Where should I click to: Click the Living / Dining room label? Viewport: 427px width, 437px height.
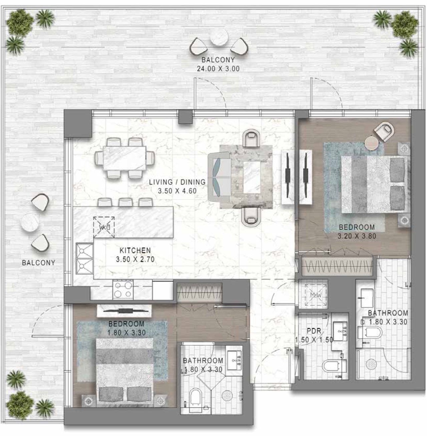click(177, 182)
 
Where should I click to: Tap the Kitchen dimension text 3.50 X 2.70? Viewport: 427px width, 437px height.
click(135, 259)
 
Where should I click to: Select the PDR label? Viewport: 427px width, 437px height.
click(314, 331)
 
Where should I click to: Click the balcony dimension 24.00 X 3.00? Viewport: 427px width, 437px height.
click(218, 69)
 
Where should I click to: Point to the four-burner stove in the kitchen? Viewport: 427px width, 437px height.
click(123, 290)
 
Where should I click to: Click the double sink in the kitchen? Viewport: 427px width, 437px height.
click(84, 259)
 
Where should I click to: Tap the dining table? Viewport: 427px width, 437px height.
click(125, 158)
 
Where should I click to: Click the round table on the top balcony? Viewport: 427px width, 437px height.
click(219, 38)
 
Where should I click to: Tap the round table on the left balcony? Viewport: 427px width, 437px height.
click(30, 222)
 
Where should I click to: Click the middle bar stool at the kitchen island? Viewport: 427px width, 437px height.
click(126, 202)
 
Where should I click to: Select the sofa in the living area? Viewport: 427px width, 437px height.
click(220, 177)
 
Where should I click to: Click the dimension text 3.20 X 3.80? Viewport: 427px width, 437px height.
click(357, 236)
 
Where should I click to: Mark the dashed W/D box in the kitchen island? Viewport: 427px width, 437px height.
click(104, 227)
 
